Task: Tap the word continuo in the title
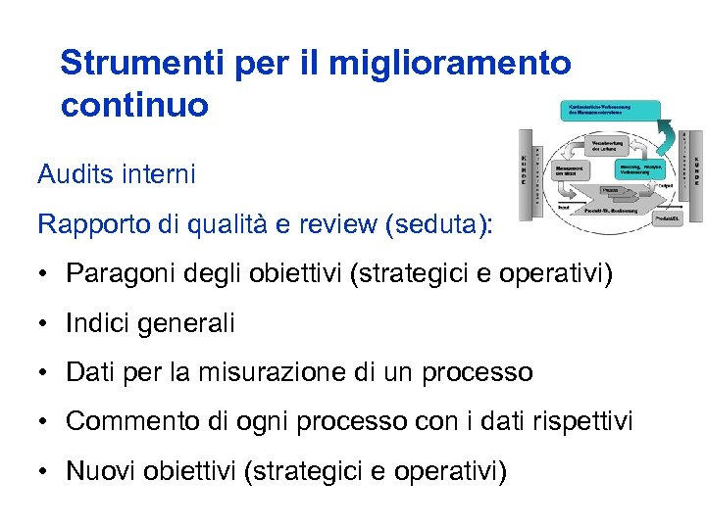pos(134,105)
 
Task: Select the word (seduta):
pos(441,224)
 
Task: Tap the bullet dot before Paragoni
pos(45,273)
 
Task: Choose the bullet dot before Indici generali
pos(45,322)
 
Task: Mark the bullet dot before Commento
pos(45,422)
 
